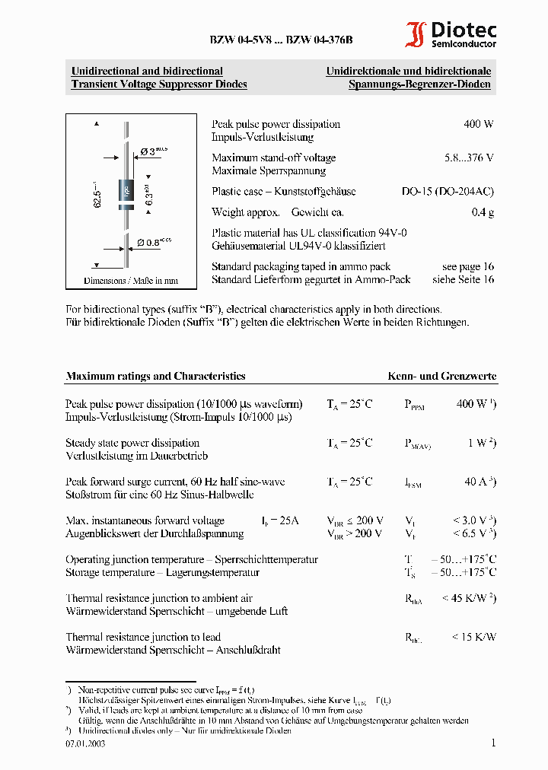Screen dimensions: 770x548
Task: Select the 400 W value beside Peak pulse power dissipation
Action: coord(478,124)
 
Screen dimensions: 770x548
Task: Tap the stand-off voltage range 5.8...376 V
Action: coord(469,157)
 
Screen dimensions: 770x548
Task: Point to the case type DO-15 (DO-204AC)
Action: coord(448,192)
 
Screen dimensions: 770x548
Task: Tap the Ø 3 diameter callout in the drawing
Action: coord(153,151)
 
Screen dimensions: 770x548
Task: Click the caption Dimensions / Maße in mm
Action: coord(131,281)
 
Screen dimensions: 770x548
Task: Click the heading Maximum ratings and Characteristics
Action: coord(155,376)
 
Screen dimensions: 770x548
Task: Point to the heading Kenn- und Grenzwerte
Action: coord(442,376)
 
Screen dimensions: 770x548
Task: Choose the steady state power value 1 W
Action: coord(482,443)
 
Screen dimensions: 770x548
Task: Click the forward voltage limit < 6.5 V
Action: coord(474,533)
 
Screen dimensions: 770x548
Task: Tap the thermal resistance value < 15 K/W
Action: coord(473,637)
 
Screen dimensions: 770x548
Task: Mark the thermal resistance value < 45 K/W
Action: coord(470,599)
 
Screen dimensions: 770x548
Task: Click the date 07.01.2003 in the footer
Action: coord(85,743)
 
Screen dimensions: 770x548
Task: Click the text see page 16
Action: coord(467,266)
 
